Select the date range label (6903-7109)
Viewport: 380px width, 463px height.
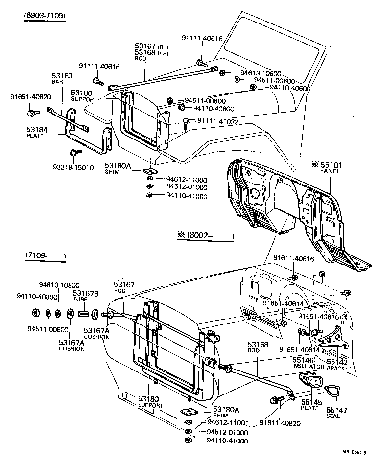(x=45, y=16)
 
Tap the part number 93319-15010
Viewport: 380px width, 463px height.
(x=74, y=167)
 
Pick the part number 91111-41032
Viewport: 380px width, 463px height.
(x=217, y=121)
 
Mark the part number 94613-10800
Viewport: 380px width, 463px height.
(x=59, y=285)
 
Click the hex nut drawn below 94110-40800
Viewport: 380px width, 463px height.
(x=36, y=313)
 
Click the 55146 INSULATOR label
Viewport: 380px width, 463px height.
(x=308, y=362)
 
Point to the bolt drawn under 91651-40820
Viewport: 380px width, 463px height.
(x=33, y=113)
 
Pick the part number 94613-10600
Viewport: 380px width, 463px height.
(x=261, y=73)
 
